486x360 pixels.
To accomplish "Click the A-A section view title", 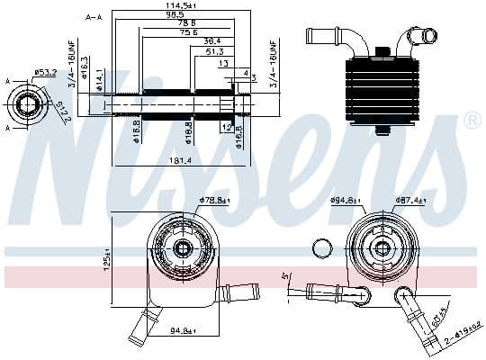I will [93, 16].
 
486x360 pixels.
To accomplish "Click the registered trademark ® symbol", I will [471, 120].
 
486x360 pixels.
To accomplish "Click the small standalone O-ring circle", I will [320, 249].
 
